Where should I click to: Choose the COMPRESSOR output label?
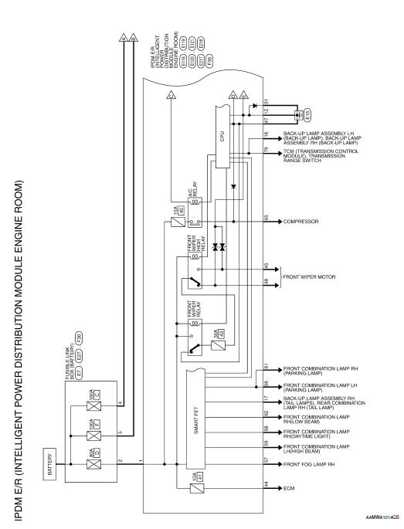tap(300, 221)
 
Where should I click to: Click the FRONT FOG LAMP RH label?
tap(309, 462)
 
